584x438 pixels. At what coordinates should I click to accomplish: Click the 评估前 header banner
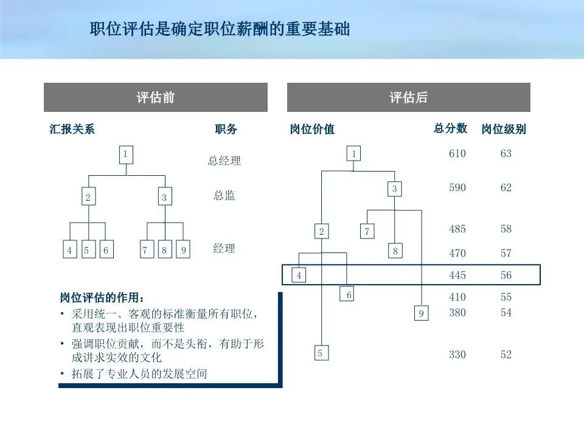point(155,97)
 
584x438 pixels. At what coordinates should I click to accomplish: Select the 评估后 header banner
point(408,97)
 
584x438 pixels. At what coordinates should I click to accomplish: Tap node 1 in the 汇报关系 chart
point(125,155)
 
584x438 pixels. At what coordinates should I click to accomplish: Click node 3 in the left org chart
point(164,197)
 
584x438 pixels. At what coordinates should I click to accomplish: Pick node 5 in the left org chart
point(89,249)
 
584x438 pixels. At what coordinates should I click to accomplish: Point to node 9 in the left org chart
point(182,249)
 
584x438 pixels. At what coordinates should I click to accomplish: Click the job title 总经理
point(224,161)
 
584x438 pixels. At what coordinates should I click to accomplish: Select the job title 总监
point(224,196)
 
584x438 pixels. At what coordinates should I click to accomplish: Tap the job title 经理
point(224,248)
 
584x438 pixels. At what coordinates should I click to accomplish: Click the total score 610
point(457,154)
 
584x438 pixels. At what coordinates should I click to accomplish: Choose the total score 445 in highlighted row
point(457,276)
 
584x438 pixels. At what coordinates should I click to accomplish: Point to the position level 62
point(506,188)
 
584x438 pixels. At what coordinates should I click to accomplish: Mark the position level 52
point(506,355)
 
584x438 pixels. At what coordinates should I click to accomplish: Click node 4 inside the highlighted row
point(299,276)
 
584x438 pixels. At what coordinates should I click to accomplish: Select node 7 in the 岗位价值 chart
point(367,231)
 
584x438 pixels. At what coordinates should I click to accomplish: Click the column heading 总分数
point(450,128)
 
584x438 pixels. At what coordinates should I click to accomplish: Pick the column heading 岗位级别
point(504,129)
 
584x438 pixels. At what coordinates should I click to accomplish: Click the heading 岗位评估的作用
point(103,298)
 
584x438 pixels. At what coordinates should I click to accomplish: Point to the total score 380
point(457,313)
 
